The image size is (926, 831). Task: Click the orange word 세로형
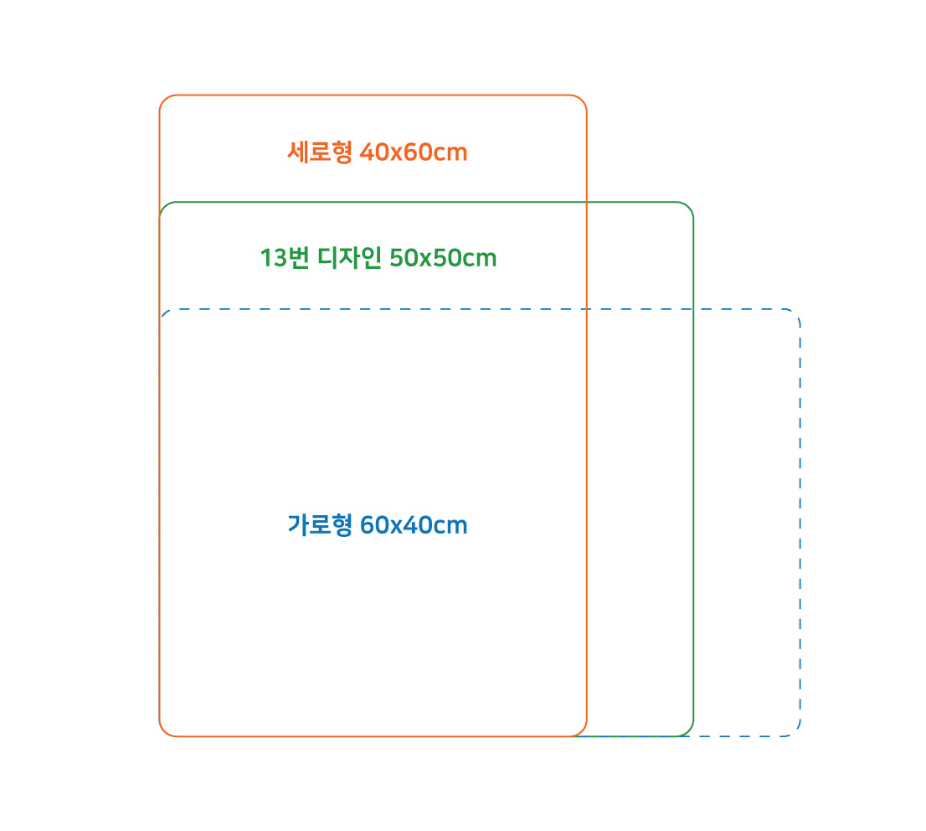[320, 152]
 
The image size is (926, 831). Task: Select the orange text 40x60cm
[414, 152]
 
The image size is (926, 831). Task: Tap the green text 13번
[285, 258]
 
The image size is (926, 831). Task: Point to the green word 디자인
[350, 258]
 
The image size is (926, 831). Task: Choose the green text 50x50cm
[443, 258]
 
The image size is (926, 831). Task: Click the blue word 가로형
[320, 525]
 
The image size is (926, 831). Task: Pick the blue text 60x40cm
[414, 525]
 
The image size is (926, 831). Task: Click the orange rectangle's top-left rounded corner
[164, 100]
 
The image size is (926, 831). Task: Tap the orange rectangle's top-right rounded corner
[582, 100]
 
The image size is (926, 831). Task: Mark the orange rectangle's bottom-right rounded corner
[582, 731]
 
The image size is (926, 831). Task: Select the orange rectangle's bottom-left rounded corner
[164, 731]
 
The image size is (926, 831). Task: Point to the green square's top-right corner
[688, 207]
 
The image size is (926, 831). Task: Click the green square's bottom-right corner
[688, 731]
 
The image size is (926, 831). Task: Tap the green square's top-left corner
[165, 207]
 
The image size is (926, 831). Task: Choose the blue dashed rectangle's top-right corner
[795, 314]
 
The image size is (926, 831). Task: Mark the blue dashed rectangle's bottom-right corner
[795, 731]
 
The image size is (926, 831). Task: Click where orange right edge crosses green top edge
[586, 202]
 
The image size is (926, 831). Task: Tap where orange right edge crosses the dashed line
[586, 309]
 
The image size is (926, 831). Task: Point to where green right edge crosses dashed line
[693, 309]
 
